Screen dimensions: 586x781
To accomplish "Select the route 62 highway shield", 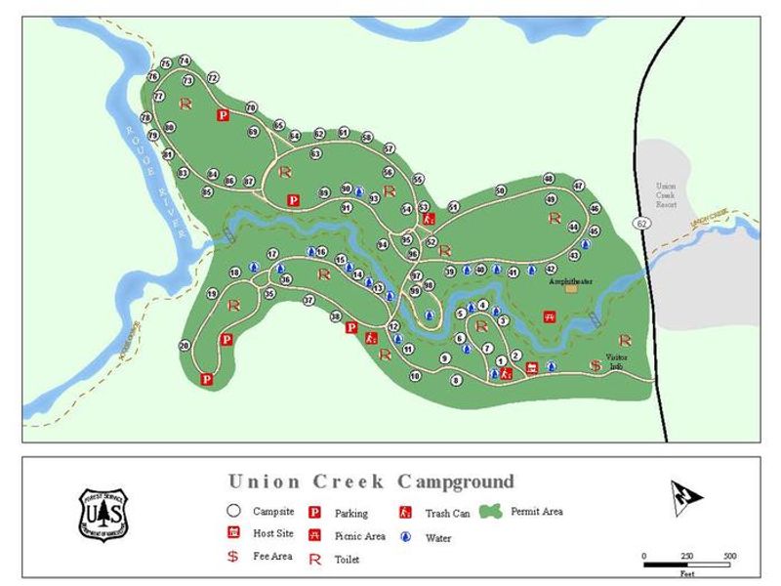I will coord(641,224).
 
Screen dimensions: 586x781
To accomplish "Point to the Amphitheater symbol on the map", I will coord(570,289).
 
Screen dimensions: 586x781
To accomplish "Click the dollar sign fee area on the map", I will coord(595,366).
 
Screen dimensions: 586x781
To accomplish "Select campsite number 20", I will coord(185,345).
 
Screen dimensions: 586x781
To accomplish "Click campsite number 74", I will coord(184,61).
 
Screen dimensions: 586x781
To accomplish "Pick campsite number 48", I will coord(549,179).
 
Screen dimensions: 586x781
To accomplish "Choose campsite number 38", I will coord(336,316).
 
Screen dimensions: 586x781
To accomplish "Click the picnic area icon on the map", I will coord(551,317).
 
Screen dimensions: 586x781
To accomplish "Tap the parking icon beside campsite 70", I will coord(223,115).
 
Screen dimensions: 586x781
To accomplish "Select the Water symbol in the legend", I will coord(405,536).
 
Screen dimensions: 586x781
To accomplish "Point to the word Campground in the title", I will coord(455,481).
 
